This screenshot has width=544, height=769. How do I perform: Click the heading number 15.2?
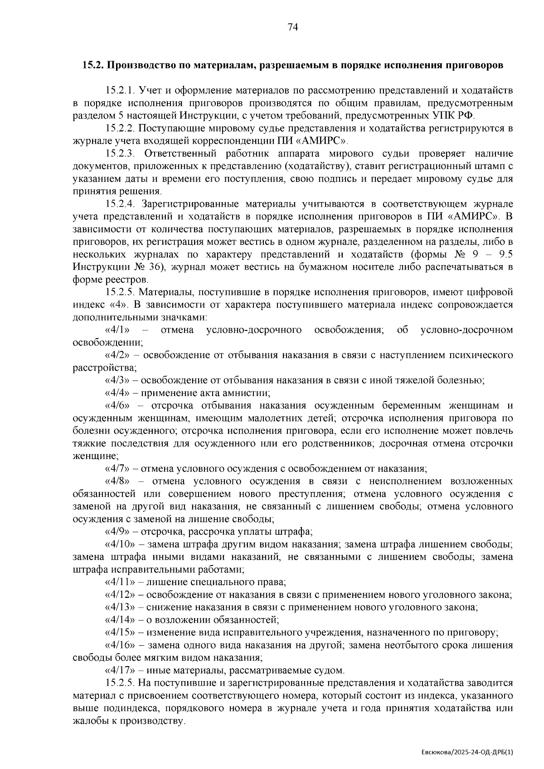[92, 65]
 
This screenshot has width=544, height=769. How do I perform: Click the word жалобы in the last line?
[88, 721]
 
